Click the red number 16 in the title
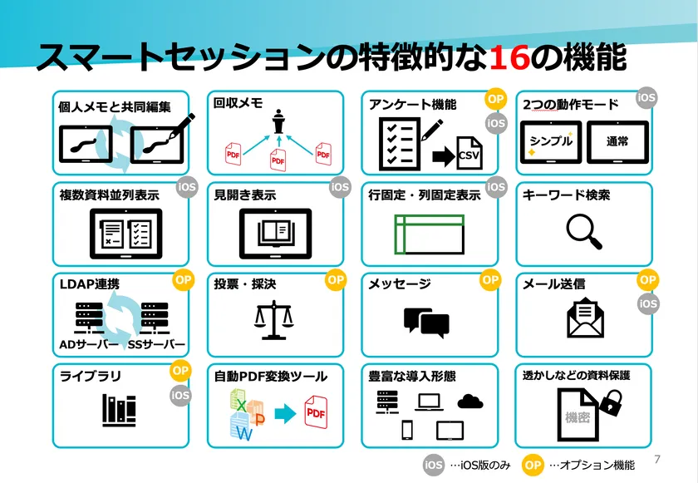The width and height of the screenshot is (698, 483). coord(509,58)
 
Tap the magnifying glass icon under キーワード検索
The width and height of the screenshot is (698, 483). coord(583,231)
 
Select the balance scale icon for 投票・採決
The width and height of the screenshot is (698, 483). coord(274,320)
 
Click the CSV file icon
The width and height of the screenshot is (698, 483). coord(469,153)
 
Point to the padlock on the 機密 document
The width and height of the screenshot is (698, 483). coord(612,402)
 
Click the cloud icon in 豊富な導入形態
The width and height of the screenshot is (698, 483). coord(470,401)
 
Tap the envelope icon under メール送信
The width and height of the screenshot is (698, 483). coord(585,318)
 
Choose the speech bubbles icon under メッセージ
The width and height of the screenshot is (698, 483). coord(426,323)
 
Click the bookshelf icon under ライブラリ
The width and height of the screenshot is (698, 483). coord(119,410)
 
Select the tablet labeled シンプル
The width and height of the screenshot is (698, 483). coord(551,142)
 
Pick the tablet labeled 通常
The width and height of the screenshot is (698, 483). coord(618,142)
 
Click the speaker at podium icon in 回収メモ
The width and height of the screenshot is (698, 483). coord(278,121)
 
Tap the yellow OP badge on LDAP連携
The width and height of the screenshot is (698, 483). coord(184,280)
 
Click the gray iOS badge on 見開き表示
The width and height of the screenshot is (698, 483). coord(340,187)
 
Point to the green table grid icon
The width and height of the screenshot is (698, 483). coord(430,234)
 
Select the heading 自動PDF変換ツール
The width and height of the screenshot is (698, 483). coord(271,377)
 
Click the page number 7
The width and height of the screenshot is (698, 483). coord(657,459)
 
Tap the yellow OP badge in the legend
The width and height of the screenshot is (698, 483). coord(533,466)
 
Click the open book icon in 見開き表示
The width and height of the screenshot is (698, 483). coord(276,234)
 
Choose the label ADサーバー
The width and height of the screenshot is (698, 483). coord(89,344)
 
